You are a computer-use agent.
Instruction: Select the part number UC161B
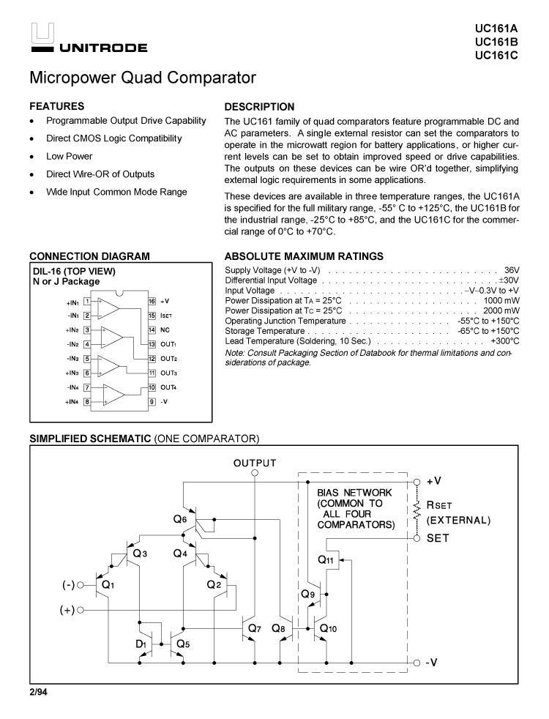coord(496,42)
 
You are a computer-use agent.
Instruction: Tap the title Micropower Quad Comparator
coord(143,77)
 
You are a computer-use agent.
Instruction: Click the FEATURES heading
coord(56,107)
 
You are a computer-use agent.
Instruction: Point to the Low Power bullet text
coord(70,156)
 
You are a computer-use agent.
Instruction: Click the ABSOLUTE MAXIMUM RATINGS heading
coord(304,256)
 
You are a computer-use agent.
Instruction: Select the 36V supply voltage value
coord(511,270)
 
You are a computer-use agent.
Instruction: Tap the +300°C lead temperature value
coord(504,341)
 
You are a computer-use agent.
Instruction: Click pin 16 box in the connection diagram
coord(152,301)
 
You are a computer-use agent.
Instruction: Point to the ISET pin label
coord(165,316)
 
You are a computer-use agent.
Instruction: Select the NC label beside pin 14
coord(165,329)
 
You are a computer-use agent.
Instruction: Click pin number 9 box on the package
coord(152,401)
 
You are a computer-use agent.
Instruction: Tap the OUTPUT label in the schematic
coord(255,463)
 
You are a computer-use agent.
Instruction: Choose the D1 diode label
coord(140,644)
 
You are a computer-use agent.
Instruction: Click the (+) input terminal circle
coord(81,608)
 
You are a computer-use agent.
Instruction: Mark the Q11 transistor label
coord(326,559)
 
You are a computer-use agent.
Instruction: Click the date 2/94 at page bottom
coord(38,691)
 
